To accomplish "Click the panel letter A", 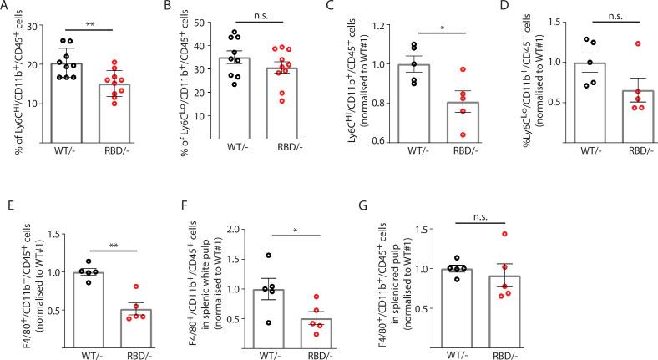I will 6,7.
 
